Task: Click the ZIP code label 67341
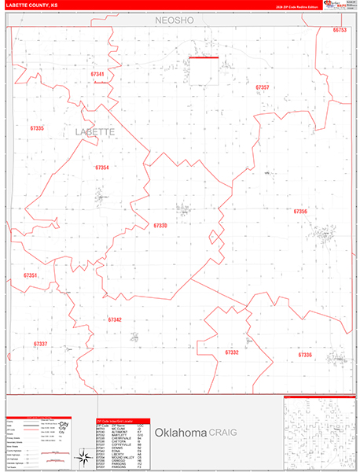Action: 97,74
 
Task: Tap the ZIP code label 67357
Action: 263,87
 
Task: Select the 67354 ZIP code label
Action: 102,168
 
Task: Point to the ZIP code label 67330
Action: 160,226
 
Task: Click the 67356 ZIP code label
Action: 300,212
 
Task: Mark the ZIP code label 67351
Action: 31,275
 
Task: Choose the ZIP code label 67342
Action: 115,319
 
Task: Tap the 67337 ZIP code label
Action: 41,344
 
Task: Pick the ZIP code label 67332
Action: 231,352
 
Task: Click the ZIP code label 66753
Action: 339,30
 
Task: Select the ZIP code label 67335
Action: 37,127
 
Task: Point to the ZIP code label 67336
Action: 305,355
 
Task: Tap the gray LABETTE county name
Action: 95,132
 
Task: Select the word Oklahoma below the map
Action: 180,433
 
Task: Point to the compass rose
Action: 83,457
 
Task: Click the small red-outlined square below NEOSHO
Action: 204,69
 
